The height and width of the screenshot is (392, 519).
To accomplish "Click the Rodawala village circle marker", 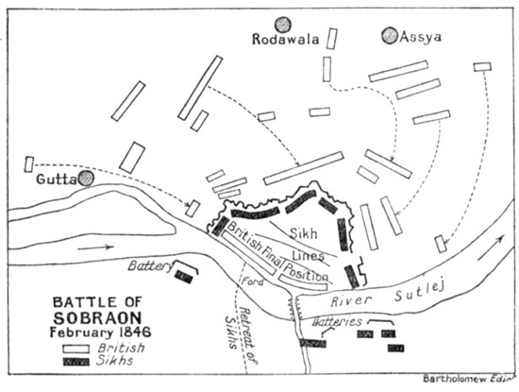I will point(279,26).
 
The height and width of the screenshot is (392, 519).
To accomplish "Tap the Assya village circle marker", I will point(389,35).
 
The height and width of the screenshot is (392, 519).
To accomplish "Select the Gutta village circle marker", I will point(87,177).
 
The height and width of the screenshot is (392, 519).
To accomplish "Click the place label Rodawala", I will point(282,41).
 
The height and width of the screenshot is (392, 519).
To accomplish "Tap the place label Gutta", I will point(56,179).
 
